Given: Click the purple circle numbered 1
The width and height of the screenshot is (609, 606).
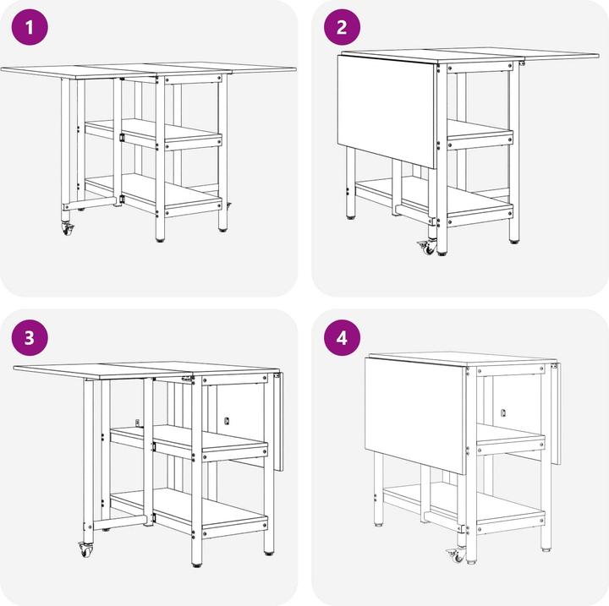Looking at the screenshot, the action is tap(30, 27).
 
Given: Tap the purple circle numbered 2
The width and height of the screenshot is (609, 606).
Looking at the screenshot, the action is tap(342, 27).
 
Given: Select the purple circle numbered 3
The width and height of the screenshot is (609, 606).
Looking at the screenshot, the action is tap(30, 338).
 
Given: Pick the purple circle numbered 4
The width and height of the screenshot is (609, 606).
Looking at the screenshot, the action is tap(342, 338).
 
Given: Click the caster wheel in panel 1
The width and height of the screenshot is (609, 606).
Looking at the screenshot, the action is tap(68, 229).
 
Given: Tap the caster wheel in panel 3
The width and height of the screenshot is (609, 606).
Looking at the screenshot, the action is tap(85, 549).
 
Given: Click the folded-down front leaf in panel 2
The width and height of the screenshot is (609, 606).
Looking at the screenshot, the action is tap(387, 111).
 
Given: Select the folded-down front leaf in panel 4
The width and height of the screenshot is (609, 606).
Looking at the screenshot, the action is tap(415, 415).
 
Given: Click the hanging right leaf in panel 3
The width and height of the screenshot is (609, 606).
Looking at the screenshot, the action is tap(278, 421).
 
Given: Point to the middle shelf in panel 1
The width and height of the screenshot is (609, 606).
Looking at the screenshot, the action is tap(153, 134).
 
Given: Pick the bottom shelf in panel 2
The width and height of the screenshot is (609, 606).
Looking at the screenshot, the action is tap(435, 200).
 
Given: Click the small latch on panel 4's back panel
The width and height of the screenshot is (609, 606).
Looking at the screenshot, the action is tap(503, 412).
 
